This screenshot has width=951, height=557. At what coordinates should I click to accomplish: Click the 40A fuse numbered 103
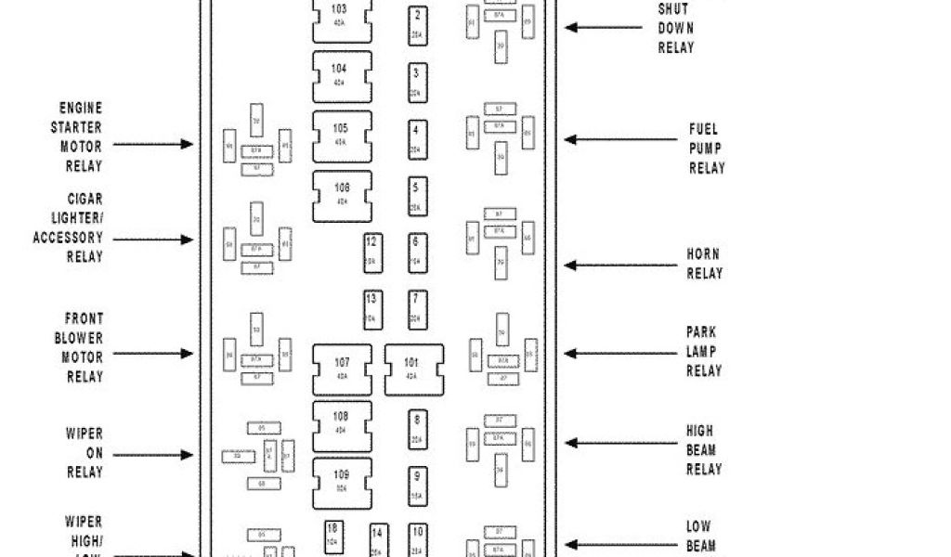tap(342, 18)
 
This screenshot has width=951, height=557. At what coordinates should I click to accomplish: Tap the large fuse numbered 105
tap(342, 136)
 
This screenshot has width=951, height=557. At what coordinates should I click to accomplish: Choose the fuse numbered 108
tap(342, 424)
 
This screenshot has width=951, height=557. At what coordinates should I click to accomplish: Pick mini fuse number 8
tap(418, 428)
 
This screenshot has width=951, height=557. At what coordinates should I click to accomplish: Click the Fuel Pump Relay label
tap(706, 149)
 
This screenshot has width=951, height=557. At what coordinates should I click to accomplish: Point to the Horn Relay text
tap(704, 264)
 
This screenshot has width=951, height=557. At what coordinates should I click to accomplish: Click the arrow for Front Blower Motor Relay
tap(153, 354)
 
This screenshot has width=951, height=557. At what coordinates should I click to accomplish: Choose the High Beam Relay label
tap(703, 450)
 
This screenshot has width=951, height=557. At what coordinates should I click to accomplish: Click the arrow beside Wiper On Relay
tap(153, 455)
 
